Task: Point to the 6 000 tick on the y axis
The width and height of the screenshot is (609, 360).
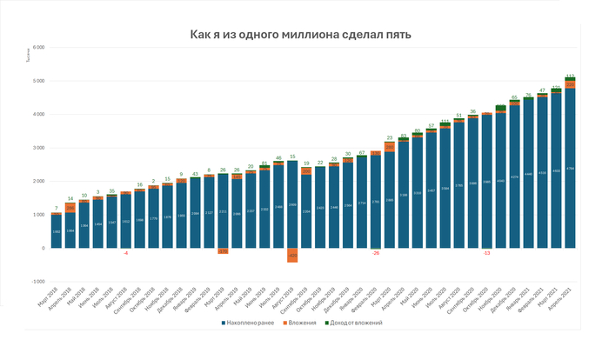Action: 38,47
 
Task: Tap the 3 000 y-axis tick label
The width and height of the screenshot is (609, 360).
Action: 38,148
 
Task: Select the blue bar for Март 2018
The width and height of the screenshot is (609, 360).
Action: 57,231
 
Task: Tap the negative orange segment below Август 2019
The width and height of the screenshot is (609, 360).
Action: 292,255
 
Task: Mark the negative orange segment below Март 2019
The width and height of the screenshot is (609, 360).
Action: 223,251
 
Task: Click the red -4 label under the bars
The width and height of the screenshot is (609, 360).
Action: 125,253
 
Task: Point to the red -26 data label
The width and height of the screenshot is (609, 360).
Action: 376,253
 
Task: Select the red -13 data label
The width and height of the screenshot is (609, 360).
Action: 486,253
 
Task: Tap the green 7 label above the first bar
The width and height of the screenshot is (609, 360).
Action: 57,209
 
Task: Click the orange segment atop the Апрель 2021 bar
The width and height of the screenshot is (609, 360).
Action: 570,84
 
